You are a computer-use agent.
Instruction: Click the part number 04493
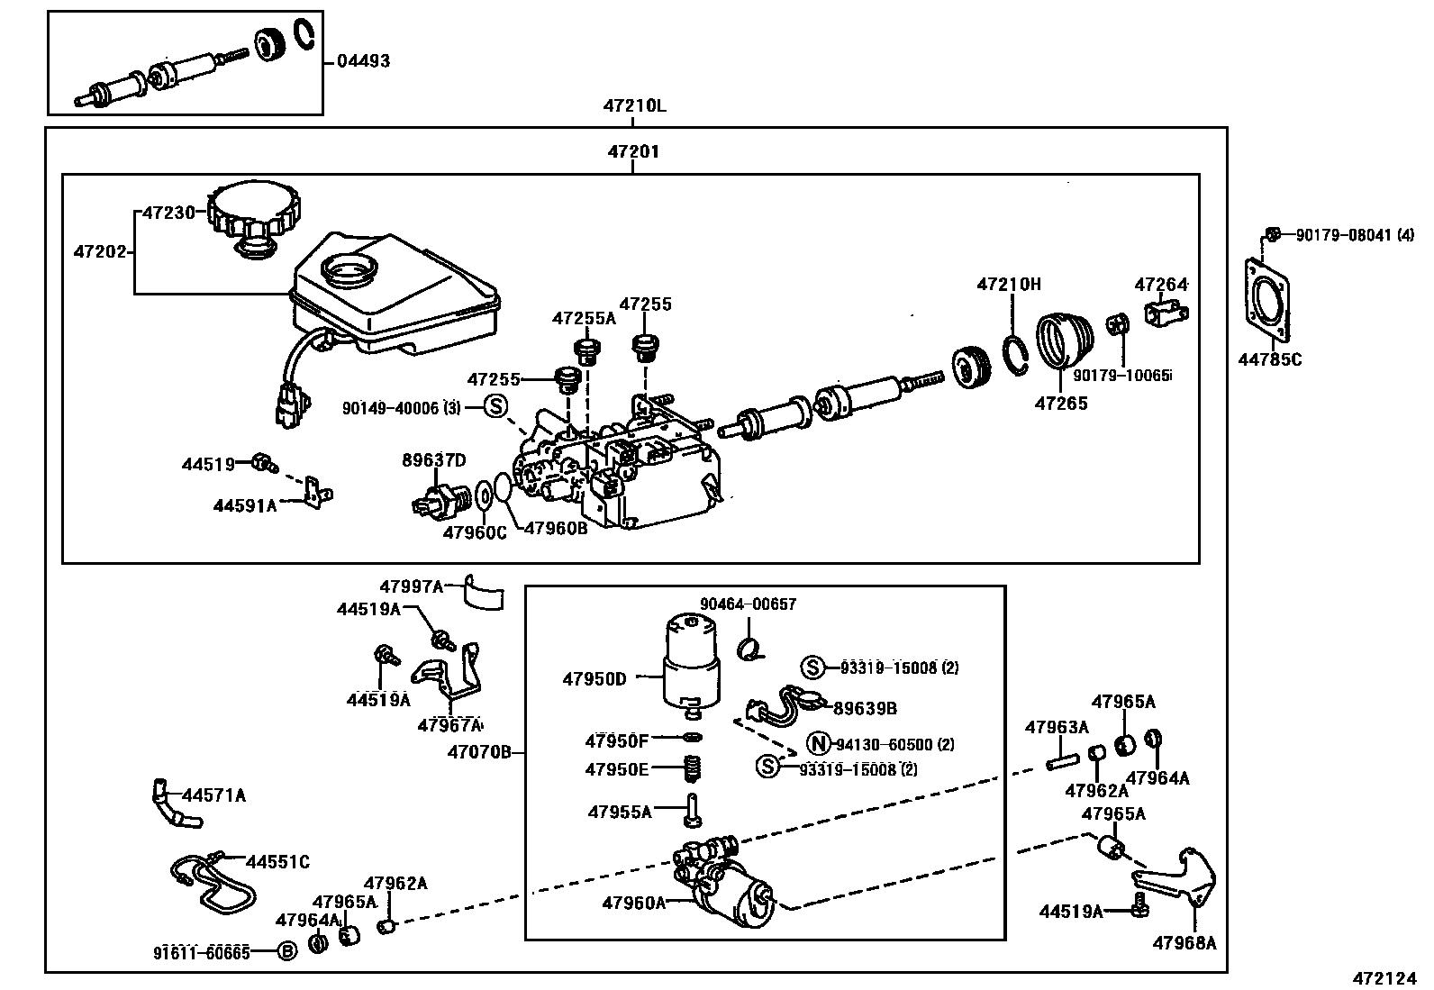(363, 62)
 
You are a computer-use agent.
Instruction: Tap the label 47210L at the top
(634, 106)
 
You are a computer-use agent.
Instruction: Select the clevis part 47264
(1166, 313)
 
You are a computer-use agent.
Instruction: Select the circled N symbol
(816, 744)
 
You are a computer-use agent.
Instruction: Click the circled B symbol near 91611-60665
(286, 951)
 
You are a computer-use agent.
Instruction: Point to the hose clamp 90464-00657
(749, 647)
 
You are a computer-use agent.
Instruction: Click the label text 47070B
(479, 751)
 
